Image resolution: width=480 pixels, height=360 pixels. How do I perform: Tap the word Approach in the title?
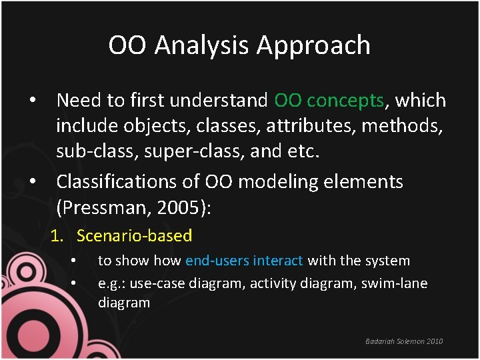point(313,45)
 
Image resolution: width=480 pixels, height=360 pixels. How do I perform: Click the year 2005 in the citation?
point(179,207)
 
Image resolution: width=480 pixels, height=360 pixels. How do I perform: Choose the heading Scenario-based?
point(134,236)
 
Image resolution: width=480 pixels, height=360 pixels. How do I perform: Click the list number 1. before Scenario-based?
point(59,236)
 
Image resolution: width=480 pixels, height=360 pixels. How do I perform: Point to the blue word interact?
point(278,261)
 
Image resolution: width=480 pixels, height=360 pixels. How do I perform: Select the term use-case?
point(157,283)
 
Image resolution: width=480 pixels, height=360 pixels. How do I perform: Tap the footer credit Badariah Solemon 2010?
point(404,341)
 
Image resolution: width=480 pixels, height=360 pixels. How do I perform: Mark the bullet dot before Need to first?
point(31,101)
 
